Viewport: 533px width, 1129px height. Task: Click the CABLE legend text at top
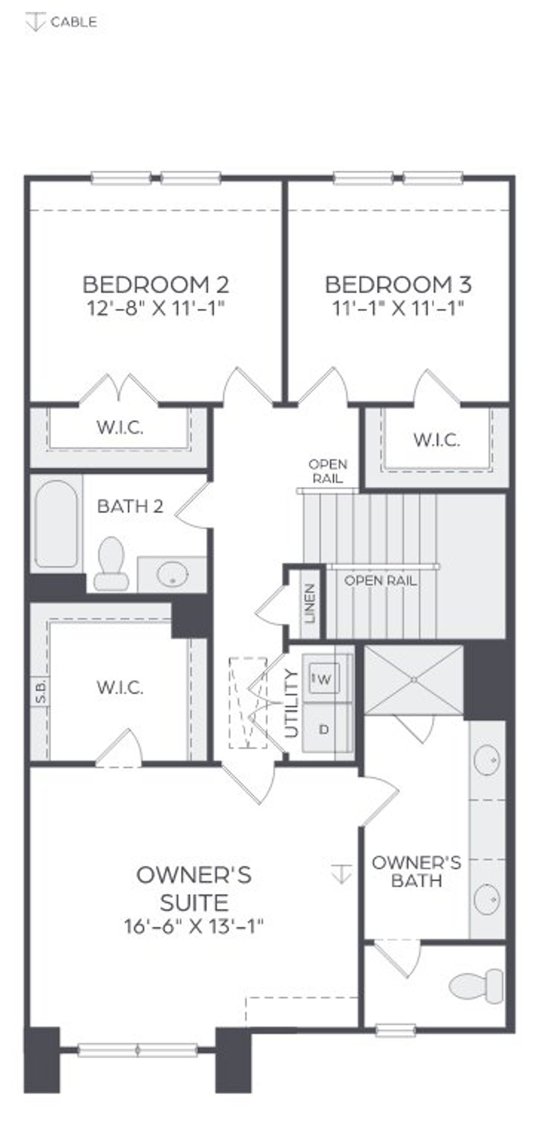point(74,22)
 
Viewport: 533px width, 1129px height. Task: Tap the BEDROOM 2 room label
point(155,285)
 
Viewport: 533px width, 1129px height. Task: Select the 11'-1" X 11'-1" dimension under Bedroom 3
point(398,309)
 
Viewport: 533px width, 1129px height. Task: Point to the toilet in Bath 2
point(111,564)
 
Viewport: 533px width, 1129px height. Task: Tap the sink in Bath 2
point(172,574)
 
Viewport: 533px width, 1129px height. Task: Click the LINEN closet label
point(310,603)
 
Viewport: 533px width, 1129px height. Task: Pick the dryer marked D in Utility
point(324,730)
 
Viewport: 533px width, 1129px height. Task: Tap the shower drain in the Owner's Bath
point(414,680)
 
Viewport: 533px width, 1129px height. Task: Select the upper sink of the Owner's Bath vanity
point(487,760)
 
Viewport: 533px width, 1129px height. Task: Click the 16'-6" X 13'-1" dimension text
point(194,927)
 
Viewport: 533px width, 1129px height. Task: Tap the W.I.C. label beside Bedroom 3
point(437,440)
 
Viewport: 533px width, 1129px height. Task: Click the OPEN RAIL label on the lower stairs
point(380,581)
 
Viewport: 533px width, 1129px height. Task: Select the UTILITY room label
point(291,703)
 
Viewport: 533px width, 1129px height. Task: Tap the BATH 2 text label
point(130,507)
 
